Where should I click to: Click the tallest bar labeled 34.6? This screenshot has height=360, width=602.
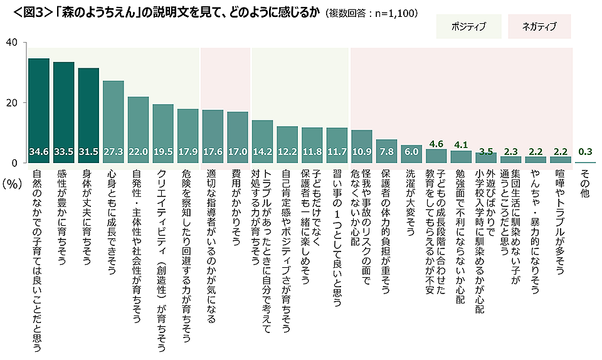click(x=39, y=110)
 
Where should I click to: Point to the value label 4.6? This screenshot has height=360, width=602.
click(x=436, y=144)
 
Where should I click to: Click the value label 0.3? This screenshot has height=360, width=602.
click(x=585, y=151)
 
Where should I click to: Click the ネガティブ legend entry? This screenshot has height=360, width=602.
click(x=540, y=27)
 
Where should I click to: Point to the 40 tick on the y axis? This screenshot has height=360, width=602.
click(x=11, y=43)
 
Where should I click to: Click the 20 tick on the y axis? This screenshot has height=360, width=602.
click(x=11, y=103)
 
